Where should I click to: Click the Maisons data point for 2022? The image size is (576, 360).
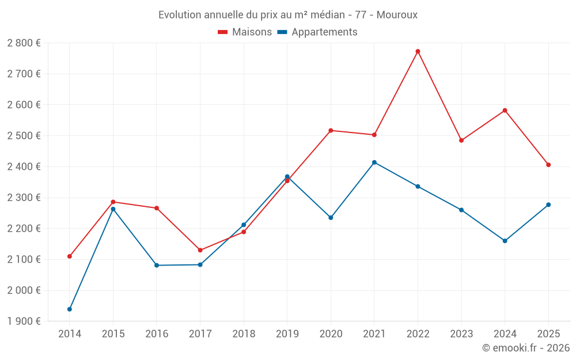418,51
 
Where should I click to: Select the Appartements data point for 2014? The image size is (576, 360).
70,309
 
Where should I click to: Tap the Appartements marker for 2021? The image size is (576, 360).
374,162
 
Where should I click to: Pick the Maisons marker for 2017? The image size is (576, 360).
200,250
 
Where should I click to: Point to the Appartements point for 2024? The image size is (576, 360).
505,241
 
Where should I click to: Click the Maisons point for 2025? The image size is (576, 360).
548,165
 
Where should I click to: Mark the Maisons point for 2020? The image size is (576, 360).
331,130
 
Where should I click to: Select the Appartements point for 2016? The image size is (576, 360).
157,266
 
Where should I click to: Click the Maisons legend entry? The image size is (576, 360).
245,32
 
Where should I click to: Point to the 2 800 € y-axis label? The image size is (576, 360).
24,43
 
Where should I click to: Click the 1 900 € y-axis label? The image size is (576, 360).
24,321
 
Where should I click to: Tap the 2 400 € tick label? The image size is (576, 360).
24,167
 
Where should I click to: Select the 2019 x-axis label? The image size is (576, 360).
287,334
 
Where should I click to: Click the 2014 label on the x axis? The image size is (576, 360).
70,334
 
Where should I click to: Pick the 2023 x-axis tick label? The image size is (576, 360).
461,334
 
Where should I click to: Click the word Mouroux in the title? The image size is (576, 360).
397,15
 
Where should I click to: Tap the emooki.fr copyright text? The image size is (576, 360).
526,348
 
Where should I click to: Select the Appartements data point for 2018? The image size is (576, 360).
244,225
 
